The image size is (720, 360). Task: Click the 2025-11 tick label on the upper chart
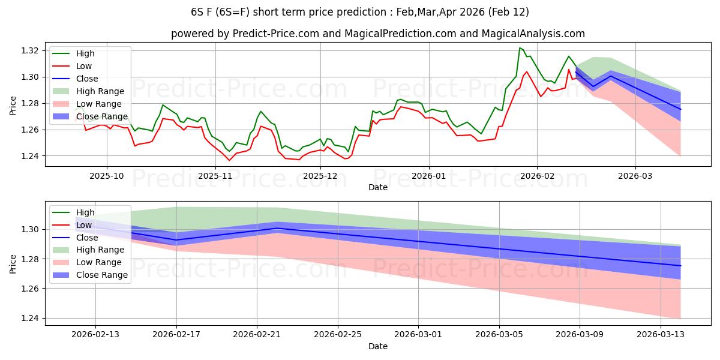point(215,176)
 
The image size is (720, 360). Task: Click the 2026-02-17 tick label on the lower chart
point(176,335)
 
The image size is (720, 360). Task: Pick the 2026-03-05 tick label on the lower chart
point(499,335)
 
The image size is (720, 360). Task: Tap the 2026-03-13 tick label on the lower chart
point(661,335)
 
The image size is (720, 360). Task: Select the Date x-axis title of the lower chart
point(378,346)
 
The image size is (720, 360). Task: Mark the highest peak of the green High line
point(520,48)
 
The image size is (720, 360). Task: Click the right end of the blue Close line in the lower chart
point(680,266)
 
